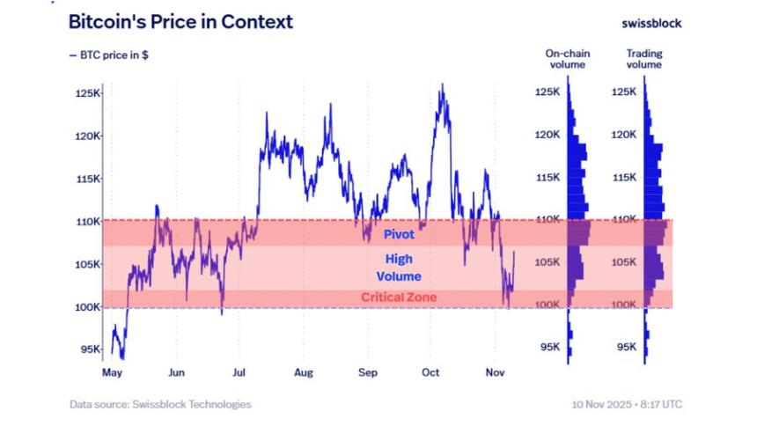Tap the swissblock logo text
tap(650, 23)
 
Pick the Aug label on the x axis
tap(304, 373)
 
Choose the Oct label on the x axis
tap(431, 373)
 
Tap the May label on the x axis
tap(112, 373)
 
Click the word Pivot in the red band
tap(398, 235)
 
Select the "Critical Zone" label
tap(398, 297)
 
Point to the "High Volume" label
tap(398, 268)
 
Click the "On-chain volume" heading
tap(568, 59)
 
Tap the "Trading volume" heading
tap(644, 59)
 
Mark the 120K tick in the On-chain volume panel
tap(548, 135)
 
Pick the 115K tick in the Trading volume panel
tap(625, 178)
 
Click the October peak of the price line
tap(441, 84)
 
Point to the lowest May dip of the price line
tap(121, 358)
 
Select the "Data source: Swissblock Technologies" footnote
tap(160, 405)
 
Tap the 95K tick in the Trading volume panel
tap(625, 348)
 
